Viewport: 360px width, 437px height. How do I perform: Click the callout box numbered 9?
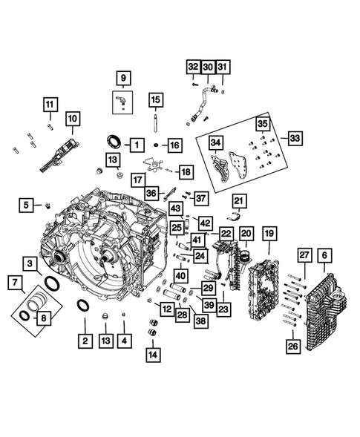[122, 76]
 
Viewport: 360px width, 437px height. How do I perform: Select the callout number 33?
[295, 139]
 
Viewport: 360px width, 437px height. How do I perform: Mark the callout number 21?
[239, 200]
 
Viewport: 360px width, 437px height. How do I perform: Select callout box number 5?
[26, 204]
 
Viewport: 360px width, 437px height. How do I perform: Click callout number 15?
[154, 99]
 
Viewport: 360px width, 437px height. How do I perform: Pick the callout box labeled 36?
[151, 192]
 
